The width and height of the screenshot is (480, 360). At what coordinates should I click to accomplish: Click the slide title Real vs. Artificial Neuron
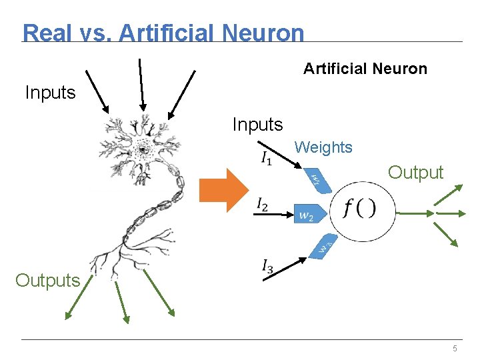(x=163, y=33)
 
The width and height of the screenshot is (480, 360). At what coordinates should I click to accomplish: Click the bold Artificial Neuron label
(x=365, y=69)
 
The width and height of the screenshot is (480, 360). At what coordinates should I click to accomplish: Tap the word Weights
(x=323, y=147)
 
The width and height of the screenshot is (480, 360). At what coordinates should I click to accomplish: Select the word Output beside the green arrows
(x=415, y=173)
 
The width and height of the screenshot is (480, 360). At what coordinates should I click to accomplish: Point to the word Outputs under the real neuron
(x=47, y=280)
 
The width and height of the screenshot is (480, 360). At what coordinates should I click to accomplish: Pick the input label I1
(x=266, y=159)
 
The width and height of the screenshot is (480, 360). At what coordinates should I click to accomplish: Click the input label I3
(x=267, y=268)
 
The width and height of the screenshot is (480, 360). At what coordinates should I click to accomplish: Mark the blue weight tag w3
(x=323, y=247)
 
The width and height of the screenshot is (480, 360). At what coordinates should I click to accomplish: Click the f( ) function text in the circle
(x=360, y=209)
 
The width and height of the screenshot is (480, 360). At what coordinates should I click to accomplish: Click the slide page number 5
(x=455, y=349)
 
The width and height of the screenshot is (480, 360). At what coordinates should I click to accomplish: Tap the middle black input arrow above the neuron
(x=141, y=83)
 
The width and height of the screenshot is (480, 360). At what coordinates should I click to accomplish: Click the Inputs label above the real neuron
(x=50, y=93)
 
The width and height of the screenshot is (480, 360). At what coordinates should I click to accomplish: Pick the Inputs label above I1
(x=257, y=124)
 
